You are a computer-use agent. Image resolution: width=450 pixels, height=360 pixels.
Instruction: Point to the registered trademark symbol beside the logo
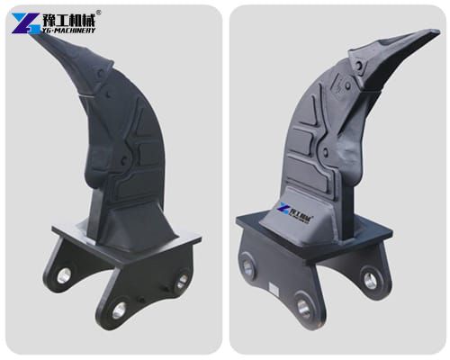(x=99, y=12)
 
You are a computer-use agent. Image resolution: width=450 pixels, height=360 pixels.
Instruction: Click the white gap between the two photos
(x=225, y=180)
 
